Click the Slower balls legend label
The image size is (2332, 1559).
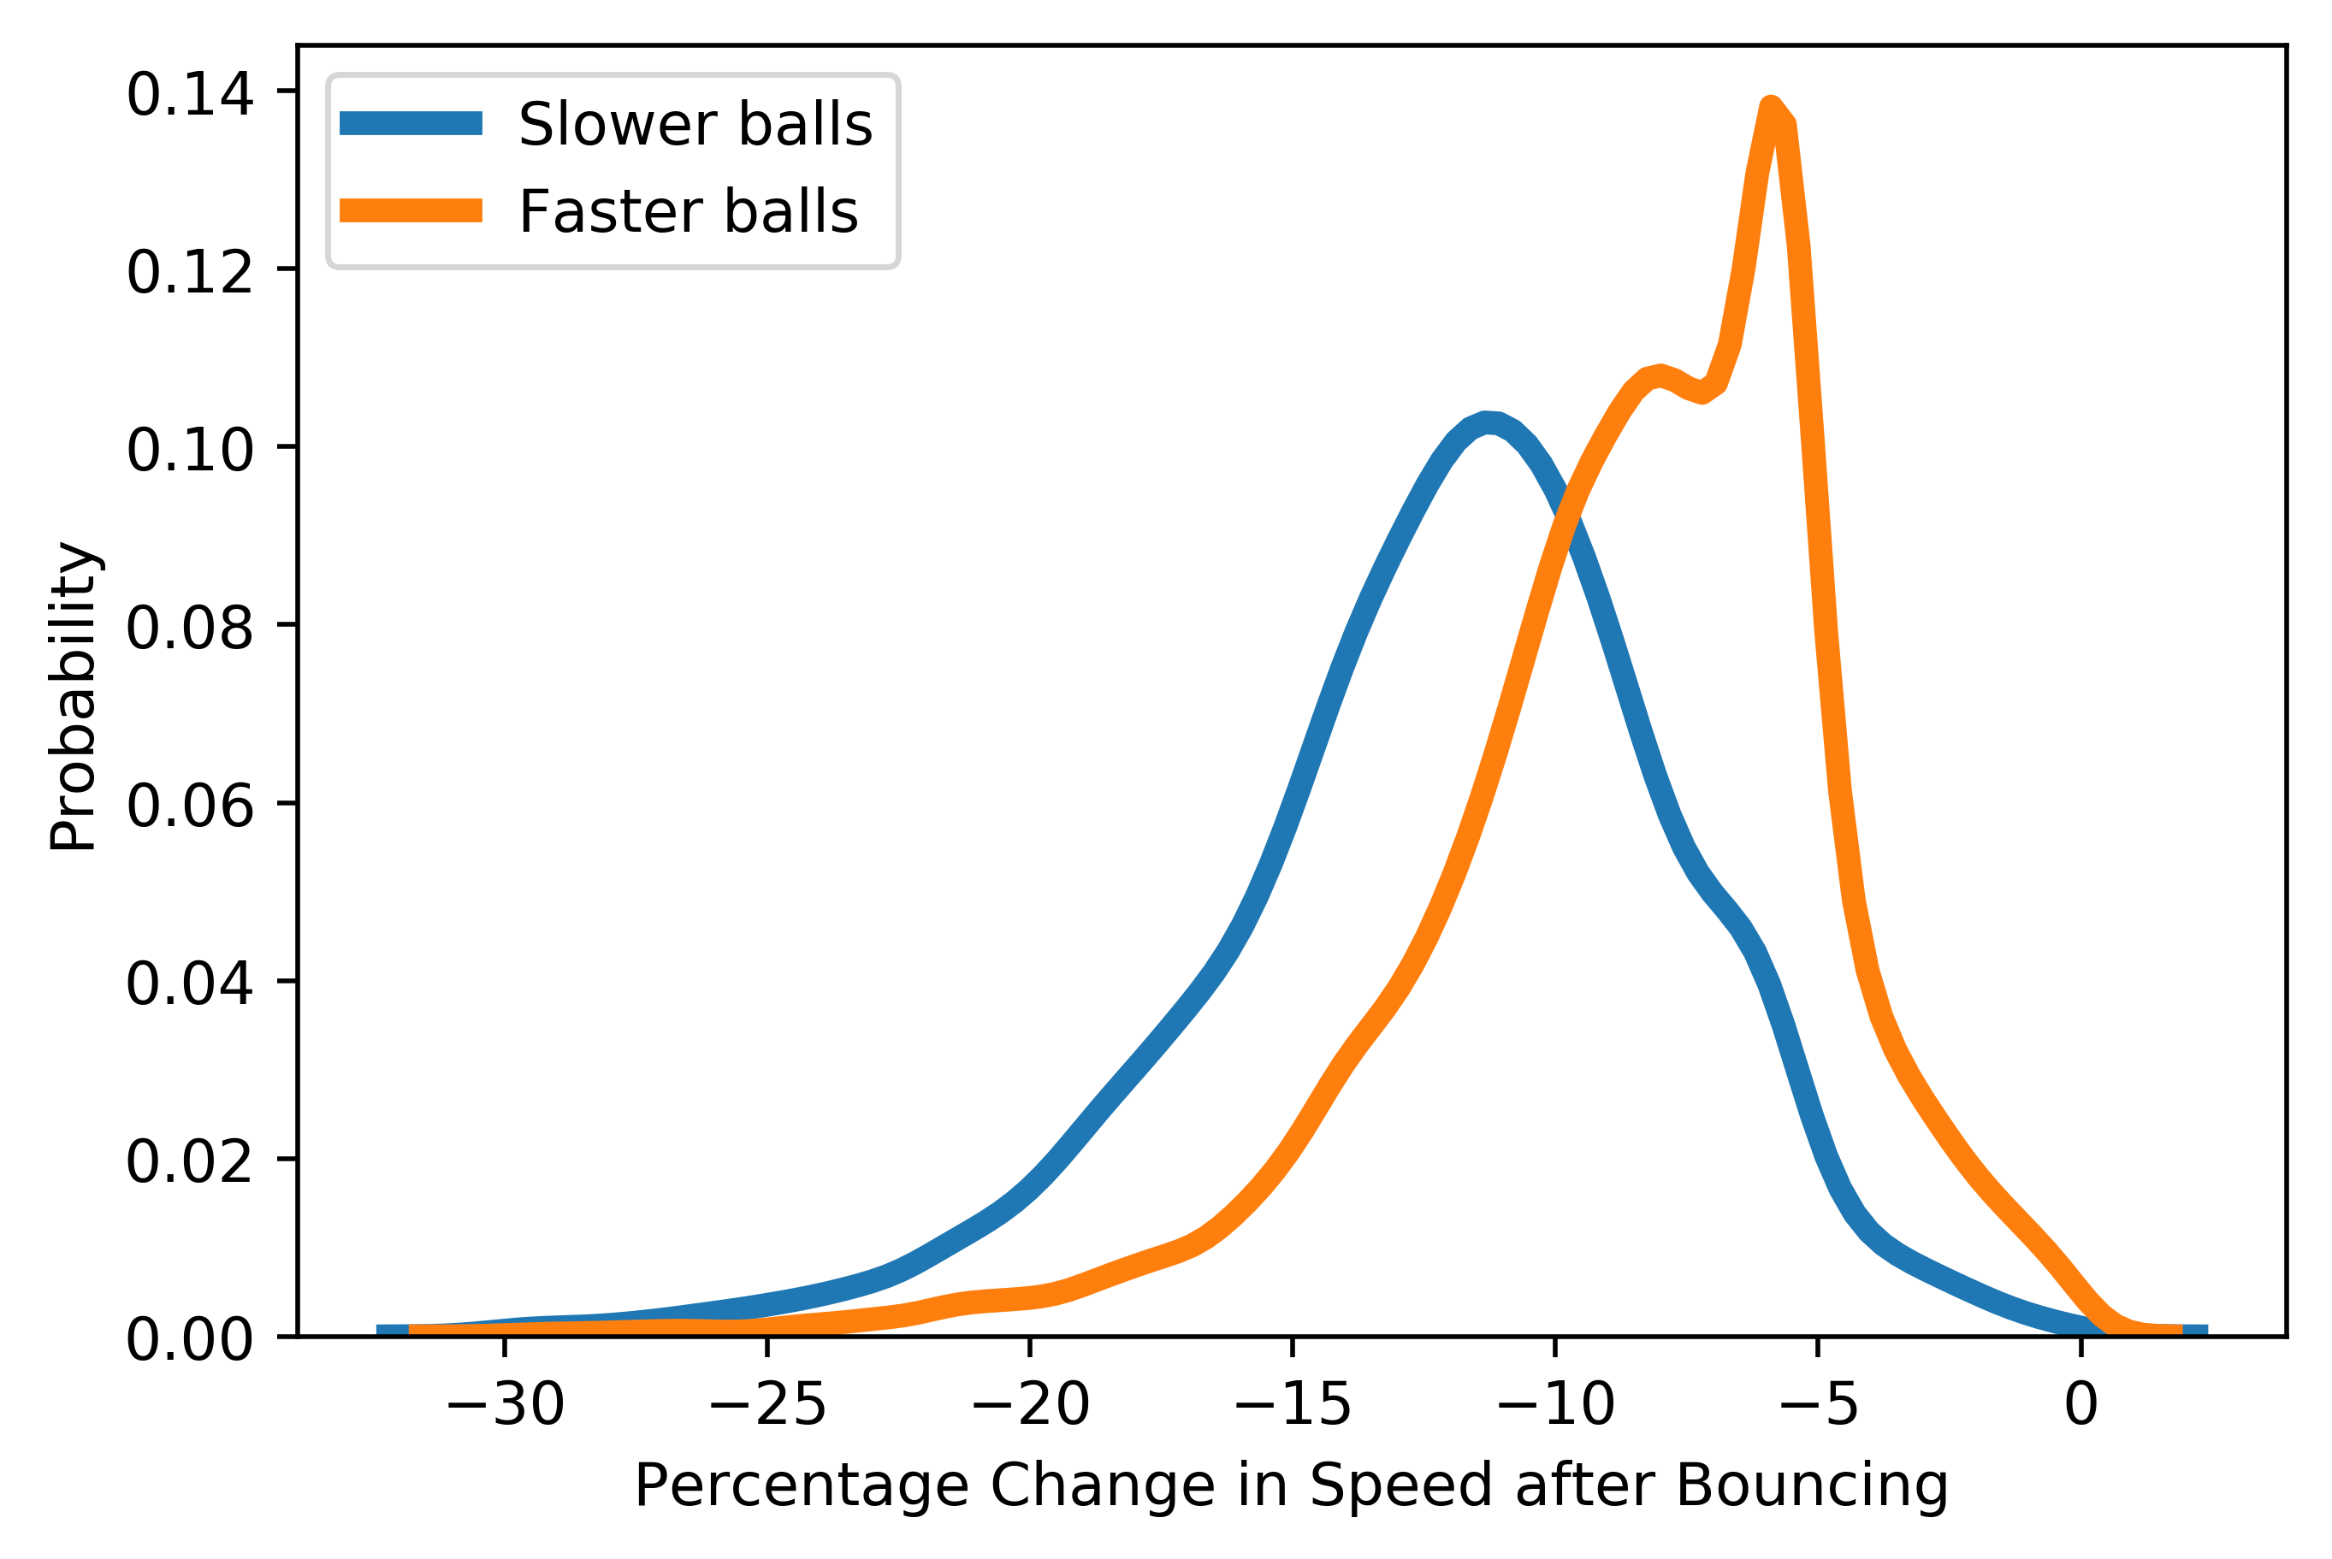[694, 124]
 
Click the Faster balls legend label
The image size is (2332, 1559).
[687, 212]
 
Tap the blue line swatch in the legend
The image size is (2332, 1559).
[411, 123]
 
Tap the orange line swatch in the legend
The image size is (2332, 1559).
[411, 210]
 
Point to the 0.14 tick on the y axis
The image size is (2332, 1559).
[189, 96]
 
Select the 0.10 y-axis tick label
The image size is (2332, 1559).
[189, 451]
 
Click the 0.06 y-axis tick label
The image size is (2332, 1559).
[189, 806]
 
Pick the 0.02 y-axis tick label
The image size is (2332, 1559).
[189, 1161]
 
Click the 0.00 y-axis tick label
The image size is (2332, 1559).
[189, 1339]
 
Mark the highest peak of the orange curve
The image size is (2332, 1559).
[1771, 105]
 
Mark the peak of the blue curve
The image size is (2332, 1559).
[1487, 422]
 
